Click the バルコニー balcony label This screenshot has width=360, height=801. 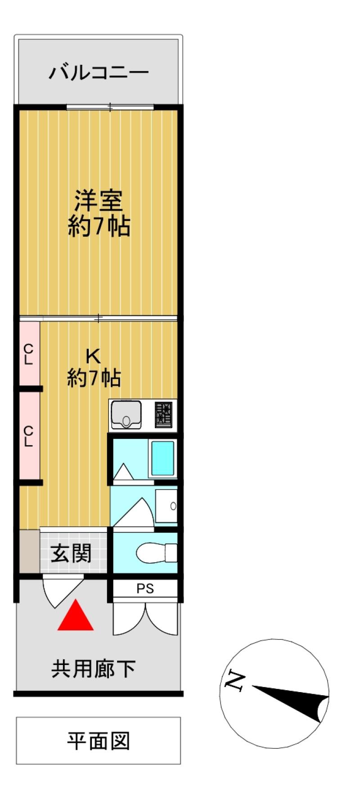(x=99, y=72)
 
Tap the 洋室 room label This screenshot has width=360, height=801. (x=99, y=201)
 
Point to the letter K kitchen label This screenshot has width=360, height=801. (x=93, y=356)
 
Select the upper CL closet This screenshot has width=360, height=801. (x=29, y=354)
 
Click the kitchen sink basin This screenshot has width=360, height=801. (x=126, y=414)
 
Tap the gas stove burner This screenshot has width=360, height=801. (x=164, y=414)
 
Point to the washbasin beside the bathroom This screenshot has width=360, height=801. (x=166, y=506)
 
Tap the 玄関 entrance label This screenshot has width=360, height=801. (x=71, y=553)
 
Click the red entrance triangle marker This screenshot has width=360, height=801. (x=76, y=615)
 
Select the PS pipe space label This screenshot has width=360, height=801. (x=145, y=588)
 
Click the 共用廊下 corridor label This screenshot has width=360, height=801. (x=93, y=669)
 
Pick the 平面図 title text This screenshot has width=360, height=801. (x=99, y=741)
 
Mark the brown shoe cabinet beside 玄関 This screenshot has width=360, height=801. (x=29, y=551)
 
